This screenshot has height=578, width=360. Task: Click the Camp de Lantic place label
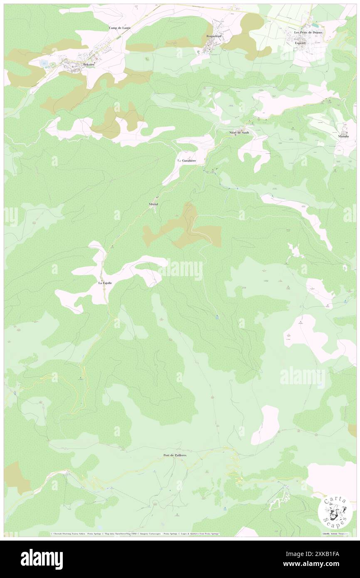coord(120,28)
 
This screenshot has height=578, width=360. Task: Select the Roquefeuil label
coord(215,36)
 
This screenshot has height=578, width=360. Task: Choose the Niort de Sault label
coord(238,133)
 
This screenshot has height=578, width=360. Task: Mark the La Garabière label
coord(187,161)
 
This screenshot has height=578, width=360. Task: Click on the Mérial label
coord(153,205)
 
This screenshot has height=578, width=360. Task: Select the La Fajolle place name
coord(105,283)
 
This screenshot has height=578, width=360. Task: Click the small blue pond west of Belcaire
coord(44,63)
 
